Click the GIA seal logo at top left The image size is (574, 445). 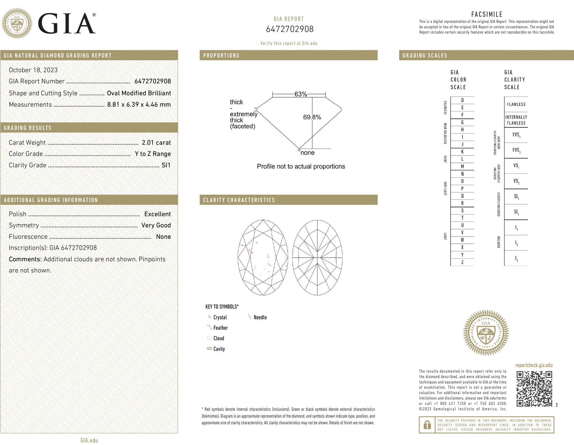click(17, 24)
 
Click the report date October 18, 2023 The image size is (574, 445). click(33, 70)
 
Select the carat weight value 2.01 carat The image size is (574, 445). click(156, 143)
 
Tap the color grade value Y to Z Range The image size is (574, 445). click(152, 154)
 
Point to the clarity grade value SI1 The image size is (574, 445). click(166, 165)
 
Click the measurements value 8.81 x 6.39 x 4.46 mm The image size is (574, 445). click(139, 105)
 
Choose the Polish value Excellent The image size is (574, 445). click(157, 214)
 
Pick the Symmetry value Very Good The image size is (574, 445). click(156, 225)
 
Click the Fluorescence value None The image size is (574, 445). click(163, 237)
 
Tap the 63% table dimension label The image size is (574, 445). click(301, 94)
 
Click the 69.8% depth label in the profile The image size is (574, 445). click(312, 117)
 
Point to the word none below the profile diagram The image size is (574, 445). click(307, 153)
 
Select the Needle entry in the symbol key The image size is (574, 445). click(260, 318)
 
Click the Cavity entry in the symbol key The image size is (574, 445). click(219, 349)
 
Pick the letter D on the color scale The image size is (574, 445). click(462, 100)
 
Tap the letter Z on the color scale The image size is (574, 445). click(462, 262)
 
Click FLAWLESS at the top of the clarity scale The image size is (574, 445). click(516, 104)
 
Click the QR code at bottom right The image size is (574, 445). click(534, 389)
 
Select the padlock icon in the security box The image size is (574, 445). click(427, 425)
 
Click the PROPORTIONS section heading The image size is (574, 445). click(221, 56)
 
